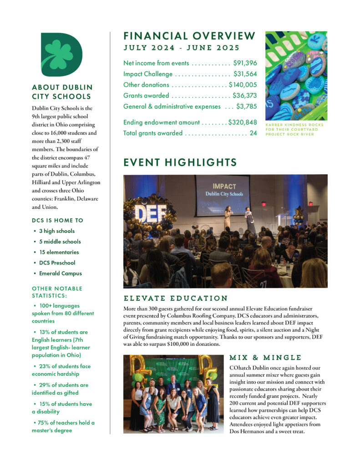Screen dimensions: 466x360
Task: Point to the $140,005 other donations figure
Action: tap(243, 85)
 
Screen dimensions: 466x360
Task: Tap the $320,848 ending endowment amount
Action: tap(243, 122)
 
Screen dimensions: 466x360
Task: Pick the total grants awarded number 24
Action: tap(254, 133)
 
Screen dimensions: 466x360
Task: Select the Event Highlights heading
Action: tap(180, 162)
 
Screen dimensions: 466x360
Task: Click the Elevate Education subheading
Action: tap(175, 299)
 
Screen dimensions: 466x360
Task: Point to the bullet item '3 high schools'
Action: tap(57, 231)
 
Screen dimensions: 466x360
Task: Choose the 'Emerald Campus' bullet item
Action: tap(60, 274)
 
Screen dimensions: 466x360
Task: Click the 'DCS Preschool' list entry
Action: tap(57, 263)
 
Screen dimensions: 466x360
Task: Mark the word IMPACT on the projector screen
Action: tap(223, 186)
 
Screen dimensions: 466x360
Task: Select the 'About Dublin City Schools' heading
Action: tap(62, 91)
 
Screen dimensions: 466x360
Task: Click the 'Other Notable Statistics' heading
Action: tap(57, 291)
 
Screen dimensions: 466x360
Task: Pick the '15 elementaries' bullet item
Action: tap(59, 252)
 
